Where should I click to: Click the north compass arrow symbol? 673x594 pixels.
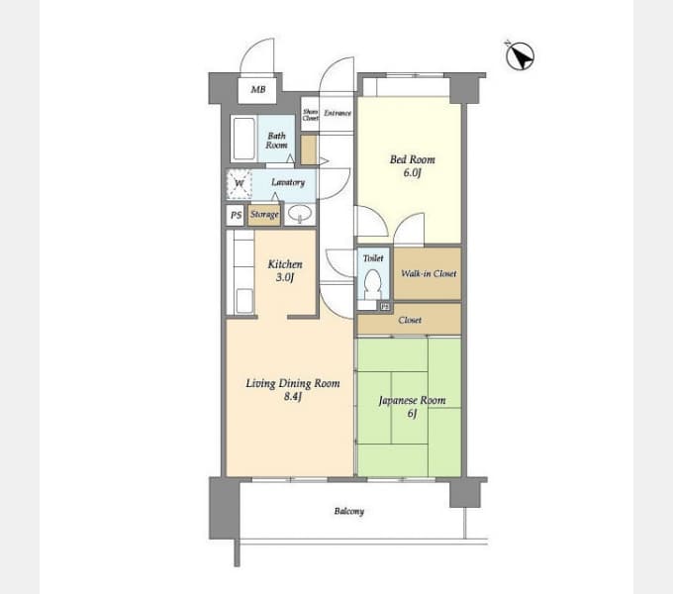[x=520, y=56]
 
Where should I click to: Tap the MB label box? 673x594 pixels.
[x=258, y=90]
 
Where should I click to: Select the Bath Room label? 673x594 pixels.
[x=277, y=141]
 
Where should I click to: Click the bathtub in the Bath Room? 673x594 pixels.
[x=244, y=140]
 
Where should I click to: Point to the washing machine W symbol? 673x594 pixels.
[x=240, y=184]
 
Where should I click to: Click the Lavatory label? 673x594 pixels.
[x=288, y=182]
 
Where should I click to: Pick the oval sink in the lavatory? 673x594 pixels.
[x=300, y=214]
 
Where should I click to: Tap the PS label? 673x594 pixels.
[x=236, y=215]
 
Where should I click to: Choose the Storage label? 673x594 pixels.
[x=264, y=214]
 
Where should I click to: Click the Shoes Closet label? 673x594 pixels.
[x=310, y=114]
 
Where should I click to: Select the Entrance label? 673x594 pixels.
[x=337, y=113]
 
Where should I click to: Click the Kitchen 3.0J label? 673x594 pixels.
[x=285, y=270]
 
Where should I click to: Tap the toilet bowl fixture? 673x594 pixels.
[x=372, y=285]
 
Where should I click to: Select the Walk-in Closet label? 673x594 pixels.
[x=429, y=273]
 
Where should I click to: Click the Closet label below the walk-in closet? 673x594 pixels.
[x=410, y=320]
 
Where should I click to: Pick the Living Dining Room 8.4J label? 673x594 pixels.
[x=292, y=390]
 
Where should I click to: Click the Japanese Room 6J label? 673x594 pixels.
[x=412, y=406]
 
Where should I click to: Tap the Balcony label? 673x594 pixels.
[x=348, y=511]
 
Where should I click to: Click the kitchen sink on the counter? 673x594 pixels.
[x=243, y=300]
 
